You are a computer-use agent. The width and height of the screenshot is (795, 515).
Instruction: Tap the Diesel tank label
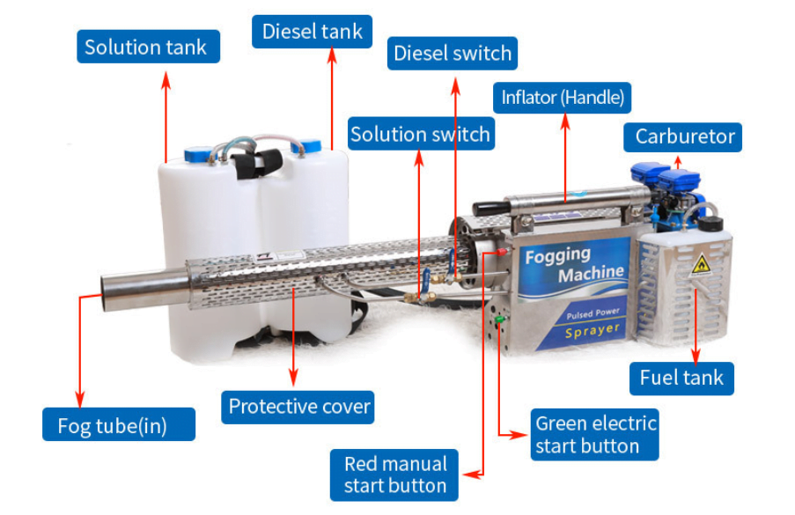[x=313, y=33]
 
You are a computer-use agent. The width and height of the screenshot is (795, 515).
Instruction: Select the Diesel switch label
[x=453, y=54]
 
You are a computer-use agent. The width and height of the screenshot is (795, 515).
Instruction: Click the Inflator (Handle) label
[x=563, y=97]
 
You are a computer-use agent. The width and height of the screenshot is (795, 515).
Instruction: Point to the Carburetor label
[x=684, y=136]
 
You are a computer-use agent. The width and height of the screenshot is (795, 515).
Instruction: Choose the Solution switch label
[x=420, y=135]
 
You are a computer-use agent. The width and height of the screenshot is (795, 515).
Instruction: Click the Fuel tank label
[x=681, y=378]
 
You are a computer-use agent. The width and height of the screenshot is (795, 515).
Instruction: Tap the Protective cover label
[x=299, y=407]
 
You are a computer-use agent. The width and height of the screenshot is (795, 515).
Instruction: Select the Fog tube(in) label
[x=118, y=425]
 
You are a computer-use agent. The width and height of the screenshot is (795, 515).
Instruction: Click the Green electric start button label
[x=595, y=434]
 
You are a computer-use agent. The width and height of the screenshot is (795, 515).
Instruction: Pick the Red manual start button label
[x=395, y=475]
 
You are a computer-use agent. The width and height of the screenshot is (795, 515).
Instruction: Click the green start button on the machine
[x=498, y=320]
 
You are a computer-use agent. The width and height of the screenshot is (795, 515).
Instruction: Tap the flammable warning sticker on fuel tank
[x=701, y=262]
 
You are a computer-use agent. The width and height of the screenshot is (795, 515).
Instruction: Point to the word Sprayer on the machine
[x=592, y=331]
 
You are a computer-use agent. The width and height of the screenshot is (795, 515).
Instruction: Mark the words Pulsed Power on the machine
[x=593, y=312]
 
